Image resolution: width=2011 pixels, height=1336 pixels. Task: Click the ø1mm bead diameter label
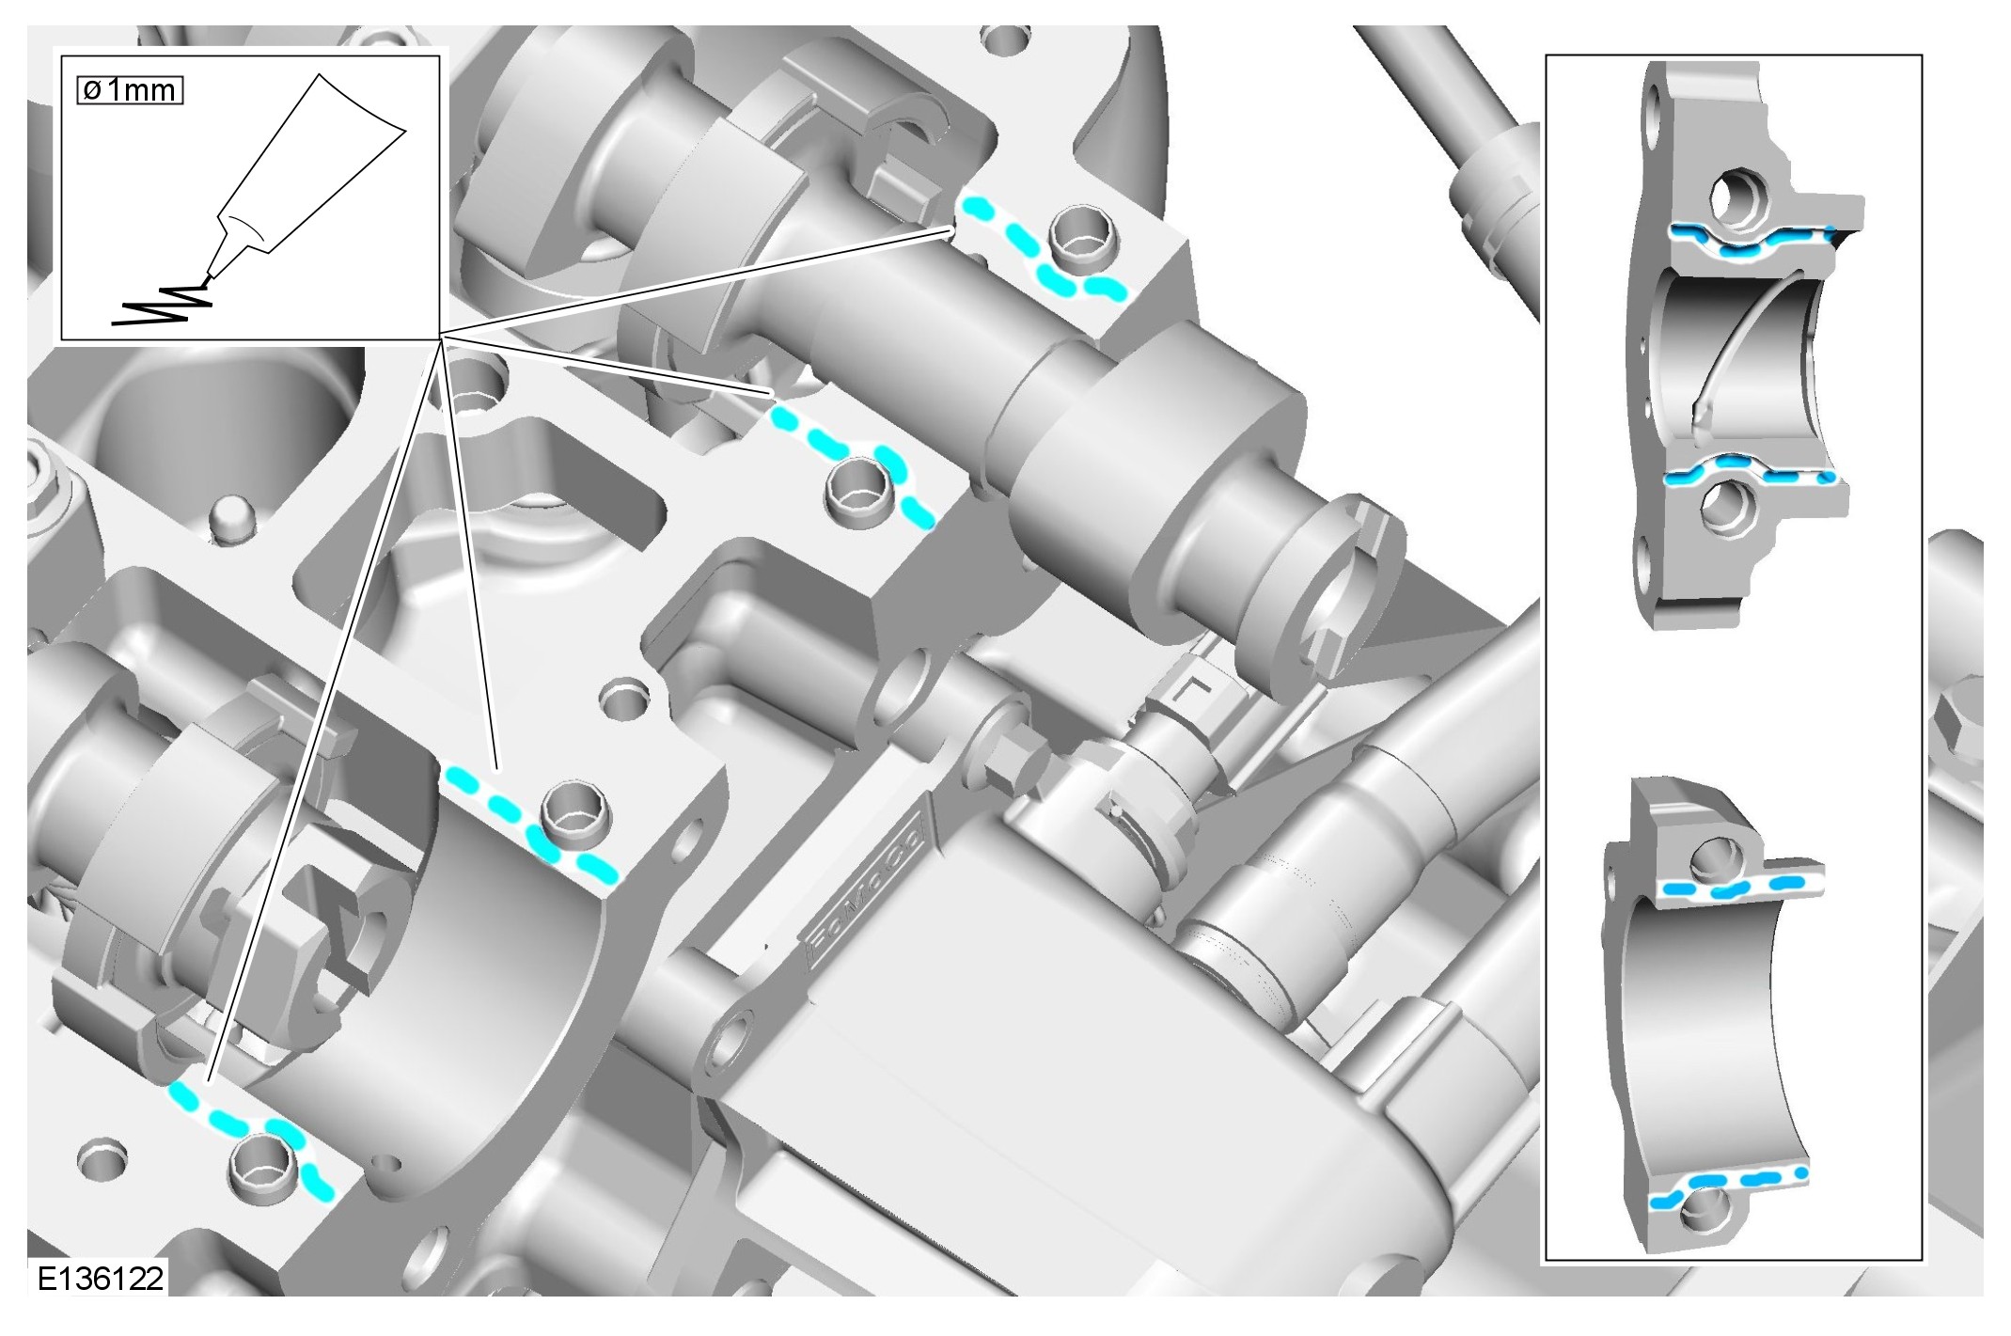point(130,90)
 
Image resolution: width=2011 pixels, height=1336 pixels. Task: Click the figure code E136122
point(101,1279)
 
